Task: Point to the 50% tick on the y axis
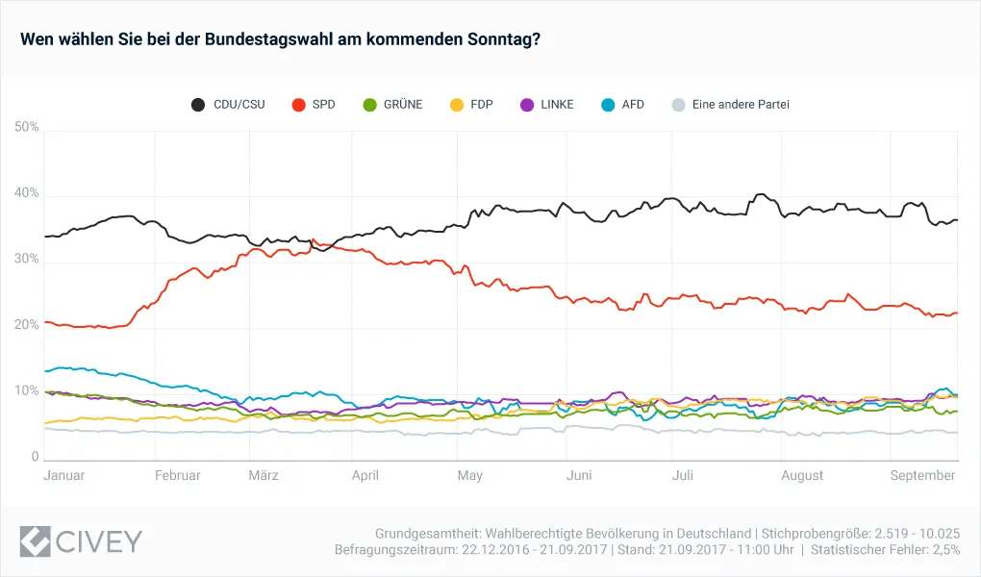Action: [x=27, y=127]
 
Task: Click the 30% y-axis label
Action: [x=27, y=260]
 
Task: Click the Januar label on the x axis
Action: [x=64, y=475]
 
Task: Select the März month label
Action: [x=264, y=475]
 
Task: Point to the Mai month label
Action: [x=469, y=475]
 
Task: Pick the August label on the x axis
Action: [x=802, y=475]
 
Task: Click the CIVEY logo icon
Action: [x=37, y=540]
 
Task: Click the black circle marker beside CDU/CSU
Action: [x=198, y=104]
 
